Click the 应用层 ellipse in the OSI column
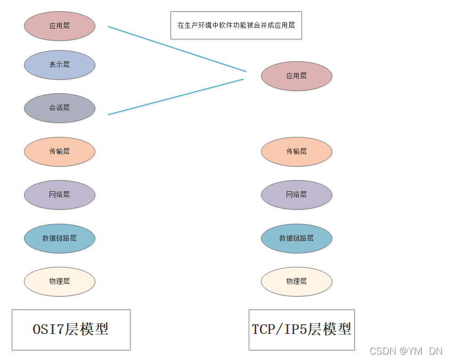(59, 26)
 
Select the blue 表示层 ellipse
(59, 65)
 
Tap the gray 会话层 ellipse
(59, 108)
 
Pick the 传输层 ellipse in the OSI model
(59, 151)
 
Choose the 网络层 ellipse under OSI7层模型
(59, 195)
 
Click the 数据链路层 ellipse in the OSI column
(59, 238)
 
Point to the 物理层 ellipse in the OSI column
(59, 281)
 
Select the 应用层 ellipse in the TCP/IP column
(296, 76)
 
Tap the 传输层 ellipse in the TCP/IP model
(296, 151)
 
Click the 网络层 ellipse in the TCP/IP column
(296, 195)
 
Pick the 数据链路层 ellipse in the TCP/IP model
(296, 238)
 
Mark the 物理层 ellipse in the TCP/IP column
(296, 281)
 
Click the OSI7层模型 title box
(71, 330)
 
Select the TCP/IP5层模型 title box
(301, 330)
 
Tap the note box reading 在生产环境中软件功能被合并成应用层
(236, 25)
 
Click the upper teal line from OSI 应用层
(177, 48)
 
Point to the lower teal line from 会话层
(176, 96)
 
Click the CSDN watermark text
(405, 351)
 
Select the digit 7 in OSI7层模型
(60, 330)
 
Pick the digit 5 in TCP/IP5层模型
(303, 330)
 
